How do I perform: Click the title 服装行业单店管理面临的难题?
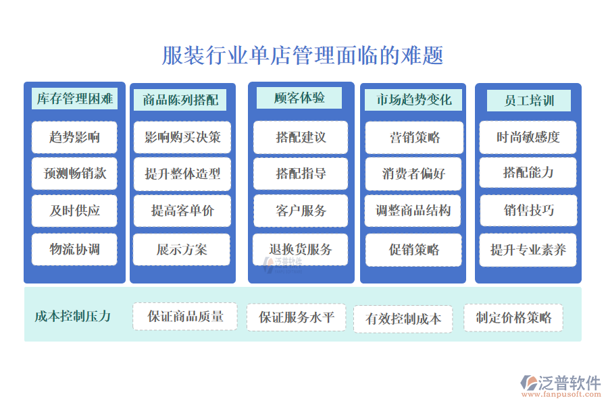303,55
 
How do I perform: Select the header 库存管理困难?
74,99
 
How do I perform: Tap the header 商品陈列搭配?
180,101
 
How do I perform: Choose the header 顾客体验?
299,98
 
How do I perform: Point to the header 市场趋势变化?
413,100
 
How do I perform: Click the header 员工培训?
529,101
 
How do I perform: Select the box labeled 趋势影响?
74,137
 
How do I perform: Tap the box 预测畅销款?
74,173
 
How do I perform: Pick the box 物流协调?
74,249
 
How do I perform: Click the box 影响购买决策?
182,137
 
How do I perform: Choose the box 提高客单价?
182,211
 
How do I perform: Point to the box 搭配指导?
301,173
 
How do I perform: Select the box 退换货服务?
301,249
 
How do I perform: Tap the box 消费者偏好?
414,173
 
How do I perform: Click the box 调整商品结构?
414,211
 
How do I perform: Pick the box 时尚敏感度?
528,137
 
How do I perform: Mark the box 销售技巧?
528,211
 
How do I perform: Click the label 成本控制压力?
73,316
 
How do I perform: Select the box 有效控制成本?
403,319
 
